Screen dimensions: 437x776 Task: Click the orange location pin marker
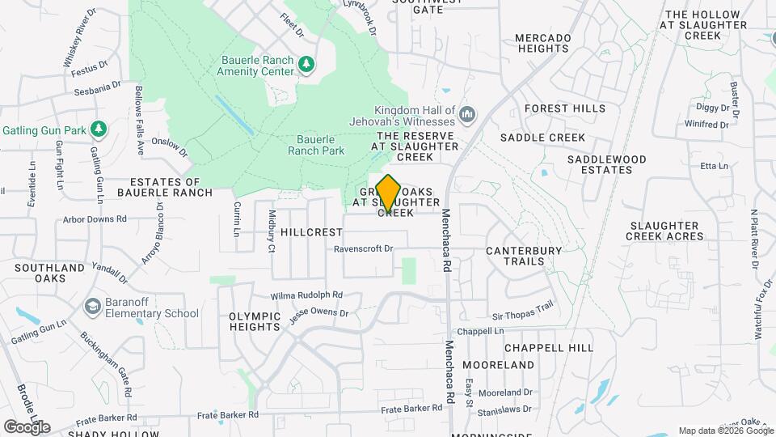(x=388, y=193)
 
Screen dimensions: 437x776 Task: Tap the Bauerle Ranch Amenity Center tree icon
(x=306, y=64)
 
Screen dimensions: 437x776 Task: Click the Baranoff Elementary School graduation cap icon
(x=93, y=307)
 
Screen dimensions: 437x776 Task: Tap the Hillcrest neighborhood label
(x=312, y=232)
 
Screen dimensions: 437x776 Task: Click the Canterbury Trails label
(x=523, y=256)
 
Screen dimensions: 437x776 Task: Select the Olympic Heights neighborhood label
(x=255, y=321)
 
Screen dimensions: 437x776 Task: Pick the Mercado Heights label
(x=542, y=43)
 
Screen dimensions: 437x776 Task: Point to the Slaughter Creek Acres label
(x=664, y=231)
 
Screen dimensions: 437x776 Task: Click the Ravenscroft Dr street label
(x=363, y=249)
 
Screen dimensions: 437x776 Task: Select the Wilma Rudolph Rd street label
(x=307, y=295)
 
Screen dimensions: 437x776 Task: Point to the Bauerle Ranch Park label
(x=316, y=145)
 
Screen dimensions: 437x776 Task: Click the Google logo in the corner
(x=27, y=426)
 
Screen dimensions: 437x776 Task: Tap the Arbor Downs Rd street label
(x=95, y=219)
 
